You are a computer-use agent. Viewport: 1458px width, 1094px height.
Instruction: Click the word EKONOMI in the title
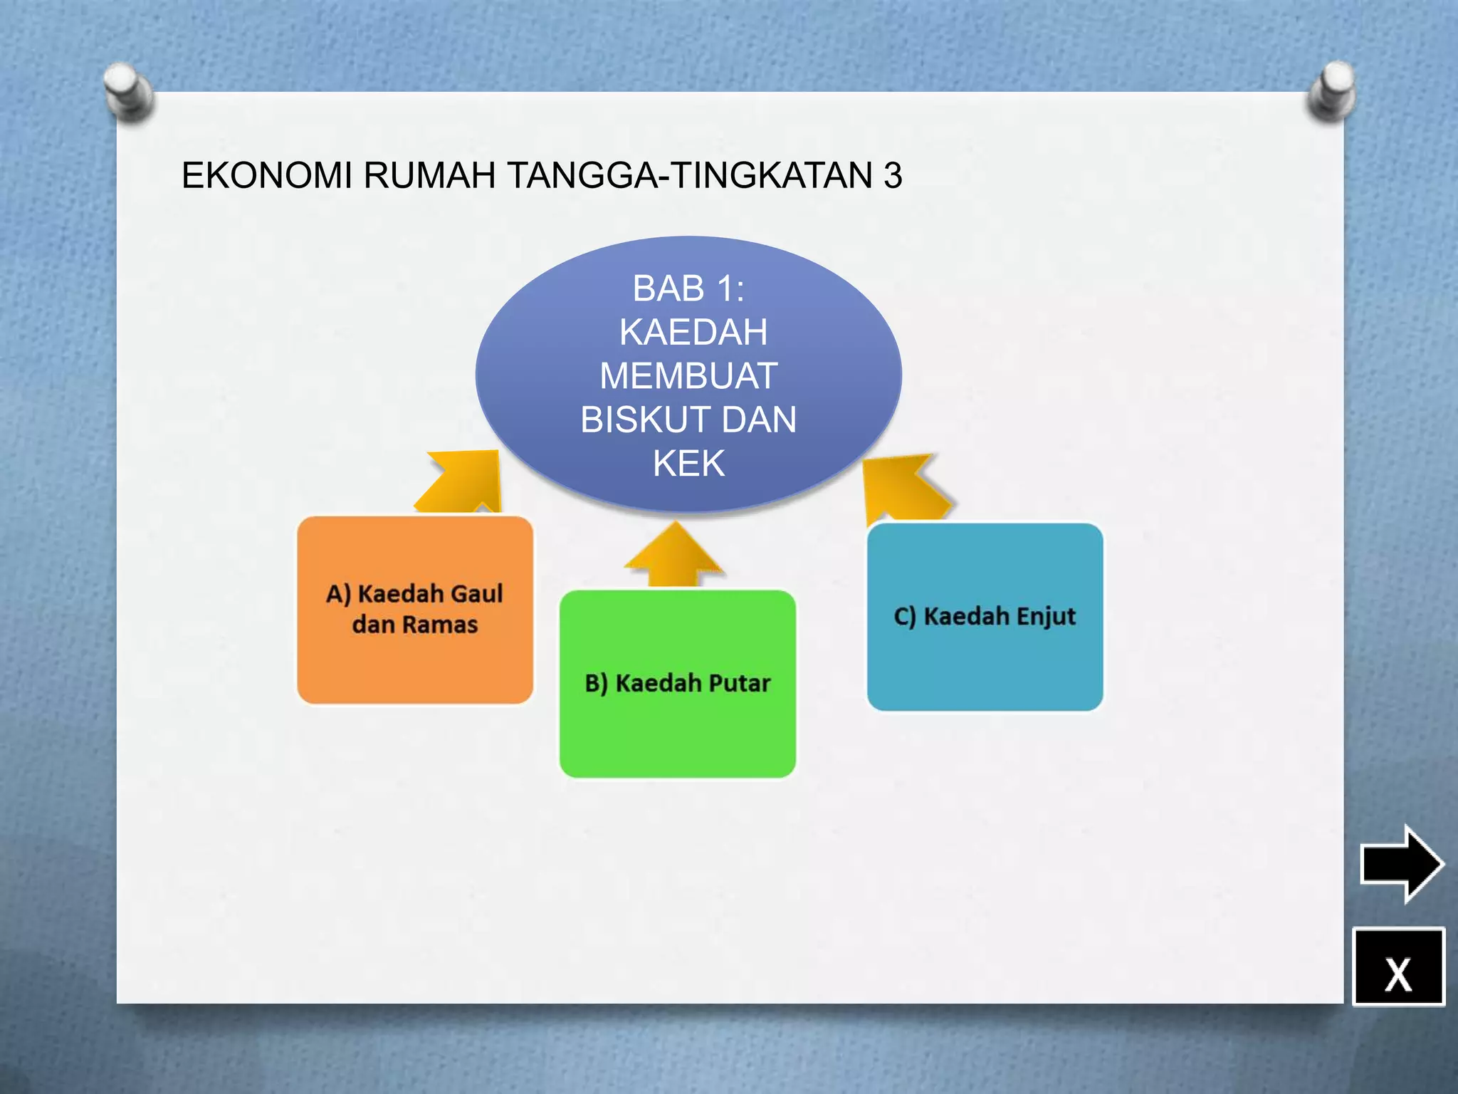(x=266, y=176)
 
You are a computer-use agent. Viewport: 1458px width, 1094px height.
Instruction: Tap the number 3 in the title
(x=893, y=176)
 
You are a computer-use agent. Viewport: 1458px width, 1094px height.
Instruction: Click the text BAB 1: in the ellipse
(x=688, y=288)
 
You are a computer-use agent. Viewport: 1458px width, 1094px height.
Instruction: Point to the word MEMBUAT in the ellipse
(x=688, y=376)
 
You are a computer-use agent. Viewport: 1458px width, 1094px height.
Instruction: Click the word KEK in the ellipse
(x=688, y=464)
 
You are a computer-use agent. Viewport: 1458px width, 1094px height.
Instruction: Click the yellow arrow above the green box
(x=673, y=556)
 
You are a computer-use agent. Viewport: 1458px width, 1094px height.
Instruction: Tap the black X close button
(x=1398, y=967)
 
